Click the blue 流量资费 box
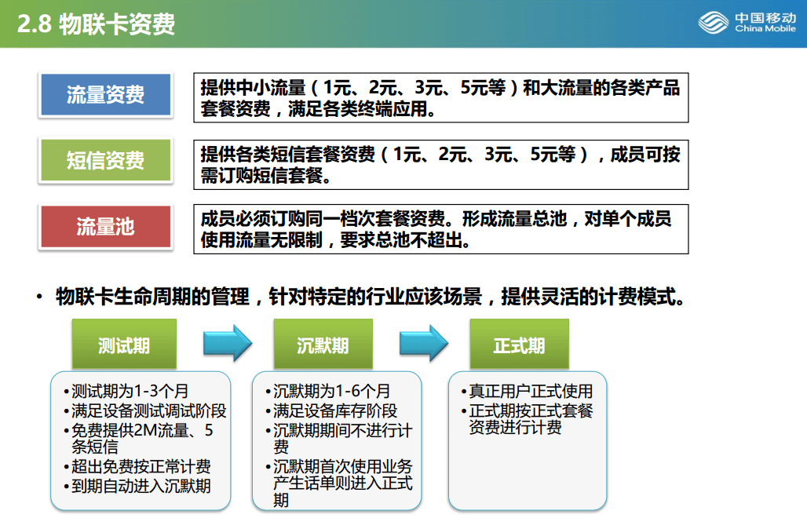tap(105, 95)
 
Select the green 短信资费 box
tap(105, 160)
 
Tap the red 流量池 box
tap(105, 226)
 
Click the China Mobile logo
tap(747, 23)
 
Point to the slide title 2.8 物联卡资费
tap(97, 24)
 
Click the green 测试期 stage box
tap(124, 345)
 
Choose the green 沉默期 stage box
tap(323, 345)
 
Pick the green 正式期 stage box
tap(520, 345)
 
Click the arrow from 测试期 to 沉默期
tap(228, 343)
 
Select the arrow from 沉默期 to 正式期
tap(424, 343)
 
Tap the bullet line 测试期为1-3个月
tap(126, 391)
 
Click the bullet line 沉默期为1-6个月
tap(328, 391)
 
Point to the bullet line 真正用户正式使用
tap(527, 391)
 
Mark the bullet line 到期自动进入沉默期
tap(137, 486)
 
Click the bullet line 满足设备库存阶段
tap(331, 410)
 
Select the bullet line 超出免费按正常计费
tap(137, 466)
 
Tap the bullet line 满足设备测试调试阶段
tap(144, 410)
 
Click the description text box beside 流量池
tap(441, 229)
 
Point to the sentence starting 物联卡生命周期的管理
tap(371, 297)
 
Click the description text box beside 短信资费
tap(441, 165)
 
